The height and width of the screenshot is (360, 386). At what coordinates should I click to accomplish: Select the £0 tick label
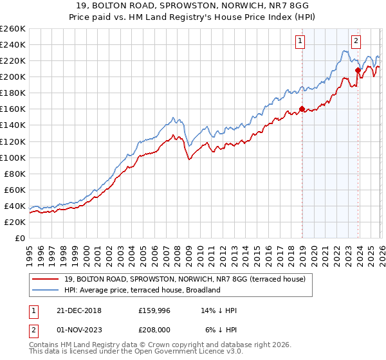coord(19,238)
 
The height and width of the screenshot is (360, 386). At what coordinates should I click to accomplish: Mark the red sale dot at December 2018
coord(302,109)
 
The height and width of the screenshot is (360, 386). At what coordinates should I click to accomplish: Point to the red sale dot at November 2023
coord(358,70)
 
